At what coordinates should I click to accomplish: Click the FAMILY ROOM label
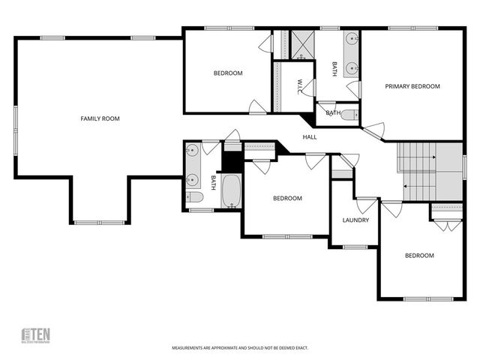click(x=100, y=118)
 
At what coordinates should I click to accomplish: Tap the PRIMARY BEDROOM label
click(x=412, y=86)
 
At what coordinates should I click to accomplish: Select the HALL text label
click(x=310, y=137)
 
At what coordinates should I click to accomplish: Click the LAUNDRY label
click(x=355, y=220)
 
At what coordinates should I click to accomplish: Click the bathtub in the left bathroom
click(x=231, y=190)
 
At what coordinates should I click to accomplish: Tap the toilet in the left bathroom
click(x=193, y=197)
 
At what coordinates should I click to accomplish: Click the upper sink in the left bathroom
click(x=192, y=148)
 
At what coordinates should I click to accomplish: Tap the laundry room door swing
click(x=367, y=205)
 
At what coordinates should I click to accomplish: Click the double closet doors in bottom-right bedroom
click(x=445, y=224)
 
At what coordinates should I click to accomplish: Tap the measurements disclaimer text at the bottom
click(x=240, y=348)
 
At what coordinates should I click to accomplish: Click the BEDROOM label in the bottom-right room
click(x=419, y=256)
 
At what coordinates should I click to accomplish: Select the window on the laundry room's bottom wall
click(x=354, y=247)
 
